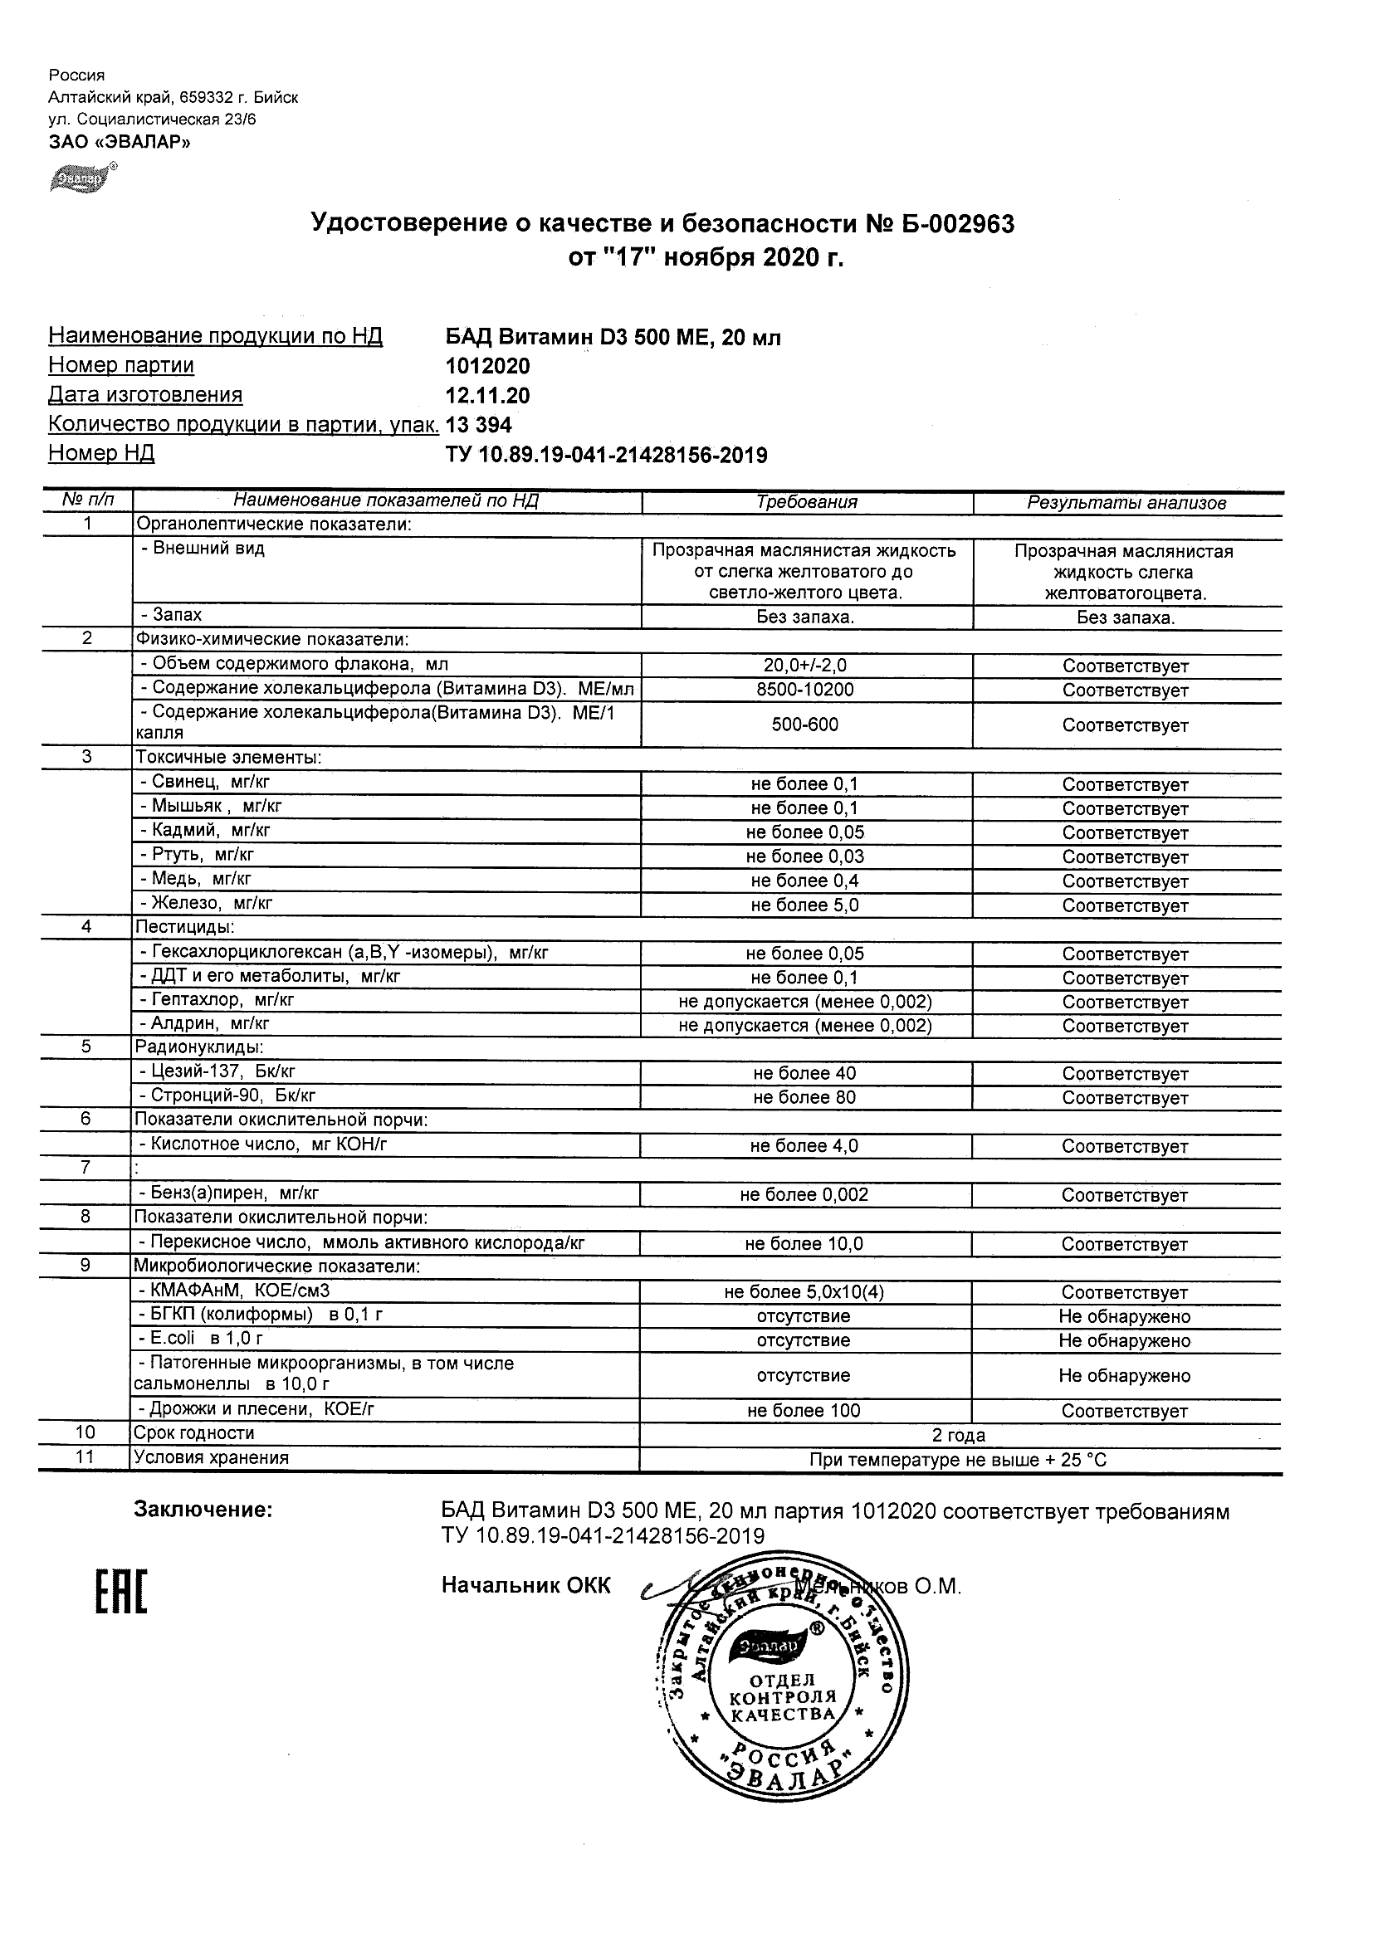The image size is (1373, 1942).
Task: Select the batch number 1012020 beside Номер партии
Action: pyautogui.click(x=487, y=366)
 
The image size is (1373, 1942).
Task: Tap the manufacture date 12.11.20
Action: pyautogui.click(x=487, y=396)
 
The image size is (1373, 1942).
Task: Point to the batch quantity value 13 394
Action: pyautogui.click(x=479, y=425)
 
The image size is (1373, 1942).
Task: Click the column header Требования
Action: pyautogui.click(x=806, y=502)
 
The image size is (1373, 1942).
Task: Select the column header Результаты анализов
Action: pyautogui.click(x=1126, y=503)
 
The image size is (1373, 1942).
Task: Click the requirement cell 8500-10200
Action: pyautogui.click(x=805, y=690)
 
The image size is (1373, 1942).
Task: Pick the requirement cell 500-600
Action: pyautogui.click(x=805, y=725)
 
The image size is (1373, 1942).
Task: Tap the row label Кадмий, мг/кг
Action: pyautogui.click(x=206, y=831)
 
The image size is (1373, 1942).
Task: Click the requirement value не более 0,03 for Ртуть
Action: pyautogui.click(x=805, y=856)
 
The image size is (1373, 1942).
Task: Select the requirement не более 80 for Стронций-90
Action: pyautogui.click(x=804, y=1098)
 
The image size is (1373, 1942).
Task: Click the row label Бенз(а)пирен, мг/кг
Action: pyautogui.click(x=229, y=1193)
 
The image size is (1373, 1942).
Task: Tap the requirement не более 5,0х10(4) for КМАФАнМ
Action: pyautogui.click(x=804, y=1292)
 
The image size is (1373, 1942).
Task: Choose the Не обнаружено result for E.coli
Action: pyautogui.click(x=1124, y=1340)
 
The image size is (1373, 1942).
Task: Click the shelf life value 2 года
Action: pyautogui.click(x=959, y=1436)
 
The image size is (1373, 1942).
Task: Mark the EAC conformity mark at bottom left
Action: pyautogui.click(x=121, y=1592)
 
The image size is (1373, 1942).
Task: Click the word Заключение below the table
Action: pyautogui.click(x=203, y=1510)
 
